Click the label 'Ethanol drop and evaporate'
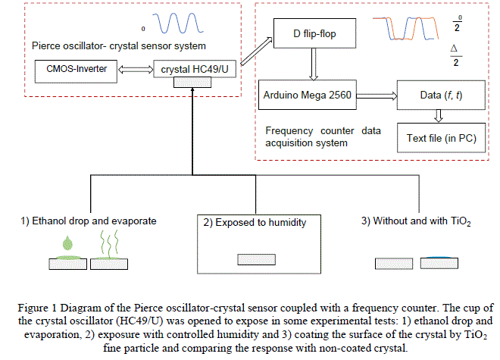click(89, 221)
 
